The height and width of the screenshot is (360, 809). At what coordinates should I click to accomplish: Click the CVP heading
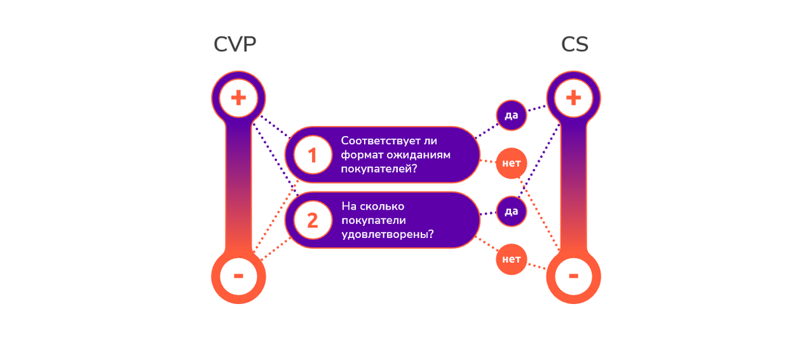pyautogui.click(x=235, y=44)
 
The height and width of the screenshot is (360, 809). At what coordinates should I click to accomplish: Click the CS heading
pyautogui.click(x=574, y=44)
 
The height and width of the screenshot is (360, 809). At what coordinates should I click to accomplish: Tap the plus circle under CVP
pyautogui.click(x=239, y=98)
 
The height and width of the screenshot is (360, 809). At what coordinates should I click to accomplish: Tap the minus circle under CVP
pyautogui.click(x=239, y=276)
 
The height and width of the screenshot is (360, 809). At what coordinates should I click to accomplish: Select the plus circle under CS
pyautogui.click(x=573, y=98)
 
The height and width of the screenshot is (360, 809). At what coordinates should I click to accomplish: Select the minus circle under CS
pyautogui.click(x=573, y=276)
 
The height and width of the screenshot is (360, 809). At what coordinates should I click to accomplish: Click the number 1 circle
pyautogui.click(x=312, y=156)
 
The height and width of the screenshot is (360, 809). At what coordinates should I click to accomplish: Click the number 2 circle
pyautogui.click(x=312, y=220)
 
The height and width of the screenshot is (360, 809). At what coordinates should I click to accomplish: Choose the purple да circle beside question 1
pyautogui.click(x=511, y=115)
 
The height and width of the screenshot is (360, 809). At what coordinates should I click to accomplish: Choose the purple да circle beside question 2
pyautogui.click(x=511, y=211)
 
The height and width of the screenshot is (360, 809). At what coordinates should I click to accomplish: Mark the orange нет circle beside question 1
pyautogui.click(x=511, y=164)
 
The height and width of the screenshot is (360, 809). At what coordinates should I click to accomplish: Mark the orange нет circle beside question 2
pyautogui.click(x=511, y=260)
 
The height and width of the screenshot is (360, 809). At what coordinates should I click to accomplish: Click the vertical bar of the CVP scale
pyautogui.click(x=239, y=189)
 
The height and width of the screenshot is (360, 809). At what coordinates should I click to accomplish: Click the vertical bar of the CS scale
pyautogui.click(x=573, y=189)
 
